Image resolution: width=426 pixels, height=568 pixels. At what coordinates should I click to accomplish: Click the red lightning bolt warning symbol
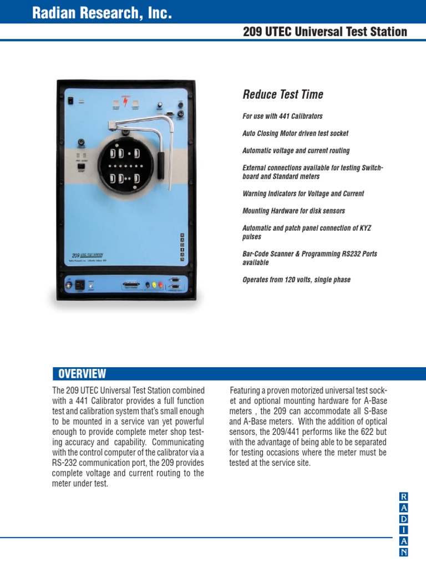pos(125,102)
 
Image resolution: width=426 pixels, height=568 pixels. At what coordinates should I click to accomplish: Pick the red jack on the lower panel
pos(160,285)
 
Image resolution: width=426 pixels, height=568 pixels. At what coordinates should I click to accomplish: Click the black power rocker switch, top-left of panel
pos(70,100)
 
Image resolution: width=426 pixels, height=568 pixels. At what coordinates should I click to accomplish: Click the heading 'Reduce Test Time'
pos(283,94)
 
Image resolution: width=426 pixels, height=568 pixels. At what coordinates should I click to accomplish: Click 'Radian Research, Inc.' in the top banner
pos(102,14)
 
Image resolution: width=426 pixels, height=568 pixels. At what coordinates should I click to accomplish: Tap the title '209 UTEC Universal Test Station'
pos(325,32)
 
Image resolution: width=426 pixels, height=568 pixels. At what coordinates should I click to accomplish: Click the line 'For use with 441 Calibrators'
pos(282,116)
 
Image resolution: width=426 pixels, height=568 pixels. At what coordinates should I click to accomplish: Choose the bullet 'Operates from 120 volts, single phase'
pos(296,280)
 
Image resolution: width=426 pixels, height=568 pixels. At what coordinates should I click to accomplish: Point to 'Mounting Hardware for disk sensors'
pos(293,211)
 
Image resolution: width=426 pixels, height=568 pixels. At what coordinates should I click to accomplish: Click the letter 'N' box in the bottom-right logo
pos(404,551)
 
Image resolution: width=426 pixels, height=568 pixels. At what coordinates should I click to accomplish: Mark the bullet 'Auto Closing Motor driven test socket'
pos(295,134)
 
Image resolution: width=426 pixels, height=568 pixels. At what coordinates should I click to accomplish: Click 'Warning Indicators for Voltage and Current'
pos(303,194)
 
